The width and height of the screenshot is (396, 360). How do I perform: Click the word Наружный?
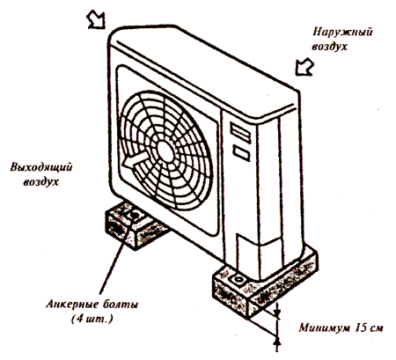tap(342, 32)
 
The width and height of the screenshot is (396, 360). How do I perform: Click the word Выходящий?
tap(41, 167)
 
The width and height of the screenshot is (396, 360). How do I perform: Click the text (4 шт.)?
tap(92, 319)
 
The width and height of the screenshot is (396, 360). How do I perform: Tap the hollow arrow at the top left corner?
tap(96, 20)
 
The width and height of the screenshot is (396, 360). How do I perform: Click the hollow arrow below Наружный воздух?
tap(304, 68)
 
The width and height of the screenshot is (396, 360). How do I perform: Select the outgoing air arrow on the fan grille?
tap(136, 160)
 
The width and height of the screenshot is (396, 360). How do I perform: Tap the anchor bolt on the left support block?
tap(135, 215)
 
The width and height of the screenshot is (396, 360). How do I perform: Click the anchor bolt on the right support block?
tap(237, 279)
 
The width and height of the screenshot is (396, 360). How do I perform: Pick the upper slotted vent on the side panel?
tap(240, 133)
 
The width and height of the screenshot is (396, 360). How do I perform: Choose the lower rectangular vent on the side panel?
tap(241, 153)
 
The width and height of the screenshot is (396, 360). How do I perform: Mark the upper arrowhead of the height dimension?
tap(277, 314)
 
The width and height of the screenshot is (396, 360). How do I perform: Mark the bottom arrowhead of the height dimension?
tap(277, 342)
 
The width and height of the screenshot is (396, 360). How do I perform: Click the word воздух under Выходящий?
tap(41, 182)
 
